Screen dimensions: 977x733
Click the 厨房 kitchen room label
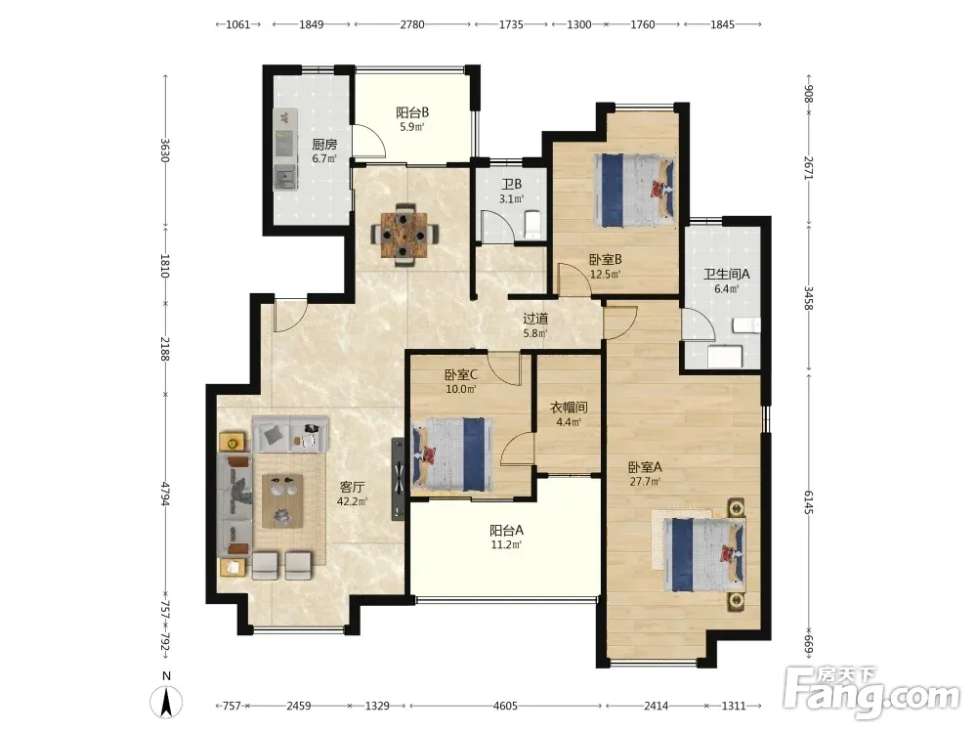(x=324, y=145)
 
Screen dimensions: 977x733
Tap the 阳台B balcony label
(x=412, y=112)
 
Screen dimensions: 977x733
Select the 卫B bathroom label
(x=512, y=185)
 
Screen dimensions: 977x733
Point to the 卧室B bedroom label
(x=606, y=259)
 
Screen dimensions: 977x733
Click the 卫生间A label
(x=727, y=275)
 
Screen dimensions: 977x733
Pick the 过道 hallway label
(x=535, y=319)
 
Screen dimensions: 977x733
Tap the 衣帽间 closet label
(x=569, y=408)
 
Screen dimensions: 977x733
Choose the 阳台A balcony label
(x=506, y=531)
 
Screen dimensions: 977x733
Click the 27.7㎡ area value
(x=645, y=481)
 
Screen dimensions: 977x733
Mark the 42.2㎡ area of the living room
(x=352, y=501)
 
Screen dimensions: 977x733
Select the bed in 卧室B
(x=634, y=190)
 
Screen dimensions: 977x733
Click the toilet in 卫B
(x=533, y=226)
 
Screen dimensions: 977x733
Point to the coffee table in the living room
(x=283, y=501)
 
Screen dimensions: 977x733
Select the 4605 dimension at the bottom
(x=505, y=707)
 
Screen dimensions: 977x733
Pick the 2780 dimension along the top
(x=412, y=24)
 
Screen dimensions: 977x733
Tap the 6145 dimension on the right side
(x=808, y=501)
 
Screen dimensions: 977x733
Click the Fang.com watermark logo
(x=871, y=692)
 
